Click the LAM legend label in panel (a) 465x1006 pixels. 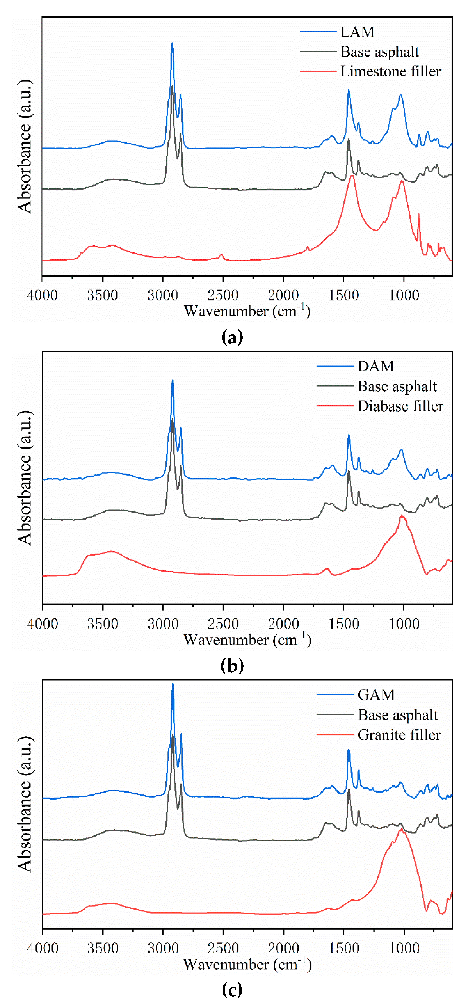click(x=357, y=32)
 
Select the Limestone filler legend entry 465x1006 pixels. click(x=390, y=72)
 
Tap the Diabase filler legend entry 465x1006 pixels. click(x=400, y=406)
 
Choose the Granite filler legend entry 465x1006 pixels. click(x=399, y=735)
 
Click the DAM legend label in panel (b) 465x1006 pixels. click(x=376, y=366)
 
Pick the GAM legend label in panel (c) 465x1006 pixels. click(x=376, y=695)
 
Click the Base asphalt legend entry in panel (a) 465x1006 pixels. click(x=379, y=52)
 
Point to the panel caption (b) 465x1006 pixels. click(x=232, y=665)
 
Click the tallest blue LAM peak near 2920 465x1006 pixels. click(x=172, y=44)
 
